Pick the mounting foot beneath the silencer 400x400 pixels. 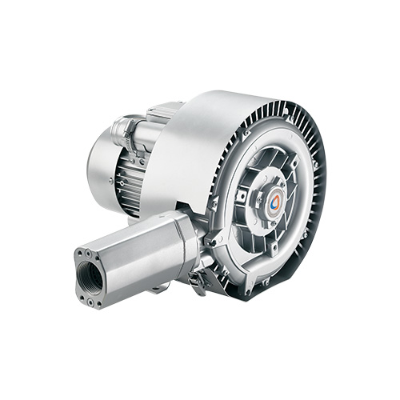159,284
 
